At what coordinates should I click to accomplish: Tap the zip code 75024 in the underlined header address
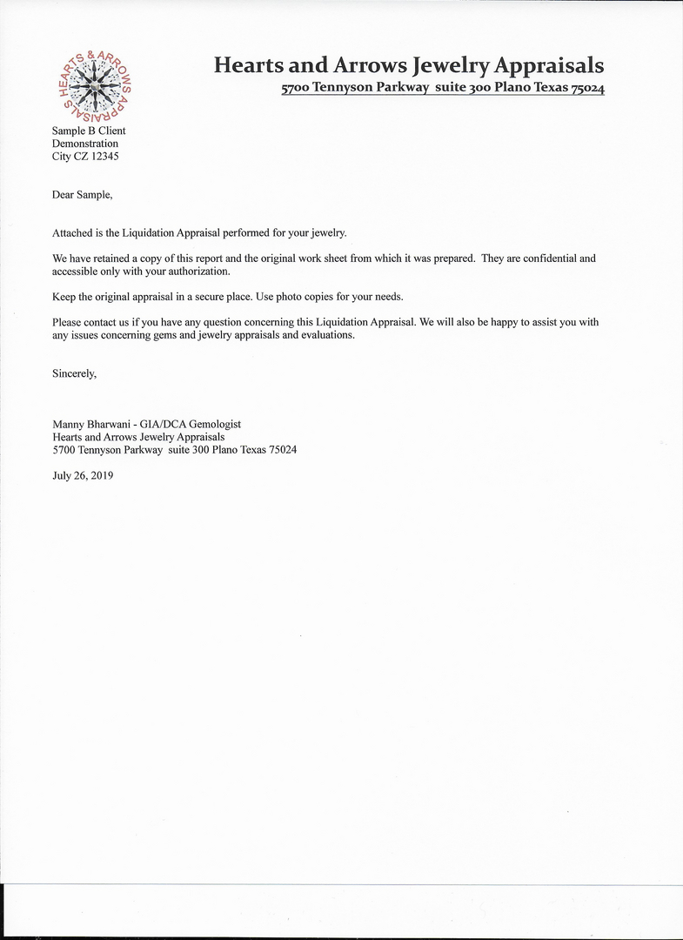(x=587, y=89)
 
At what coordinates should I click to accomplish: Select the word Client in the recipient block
(x=111, y=131)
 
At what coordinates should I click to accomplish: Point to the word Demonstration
(x=85, y=144)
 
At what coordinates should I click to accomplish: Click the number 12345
(x=105, y=157)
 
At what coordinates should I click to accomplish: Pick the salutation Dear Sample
(x=82, y=195)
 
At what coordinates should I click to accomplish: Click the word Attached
(x=72, y=233)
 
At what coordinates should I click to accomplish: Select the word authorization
(x=200, y=271)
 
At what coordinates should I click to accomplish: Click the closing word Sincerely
(x=74, y=373)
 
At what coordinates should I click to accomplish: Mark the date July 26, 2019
(x=83, y=475)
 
